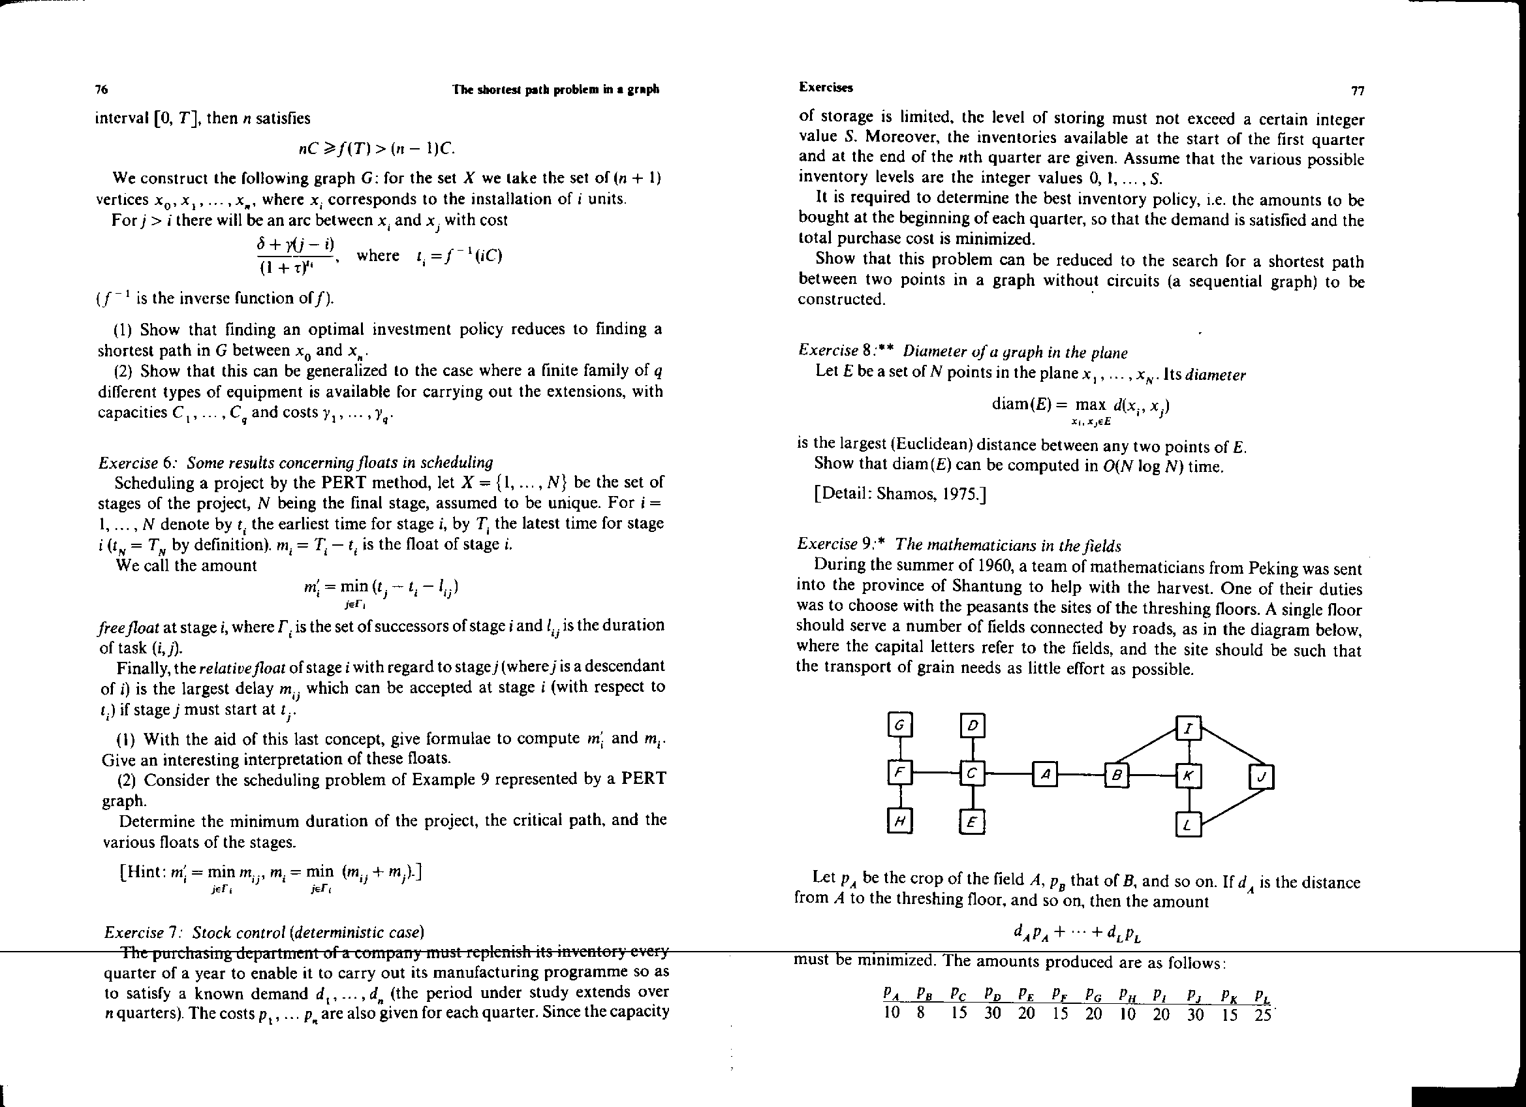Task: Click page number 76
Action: [x=102, y=89]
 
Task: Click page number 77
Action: [x=1357, y=91]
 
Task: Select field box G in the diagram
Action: [x=899, y=725]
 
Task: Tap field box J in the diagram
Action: [x=1262, y=778]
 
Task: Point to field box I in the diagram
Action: [x=1189, y=728]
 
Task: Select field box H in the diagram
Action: [x=899, y=820]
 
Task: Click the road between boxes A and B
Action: [x=1081, y=775]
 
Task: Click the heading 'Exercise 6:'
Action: [x=138, y=463]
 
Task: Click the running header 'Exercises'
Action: [x=825, y=87]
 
